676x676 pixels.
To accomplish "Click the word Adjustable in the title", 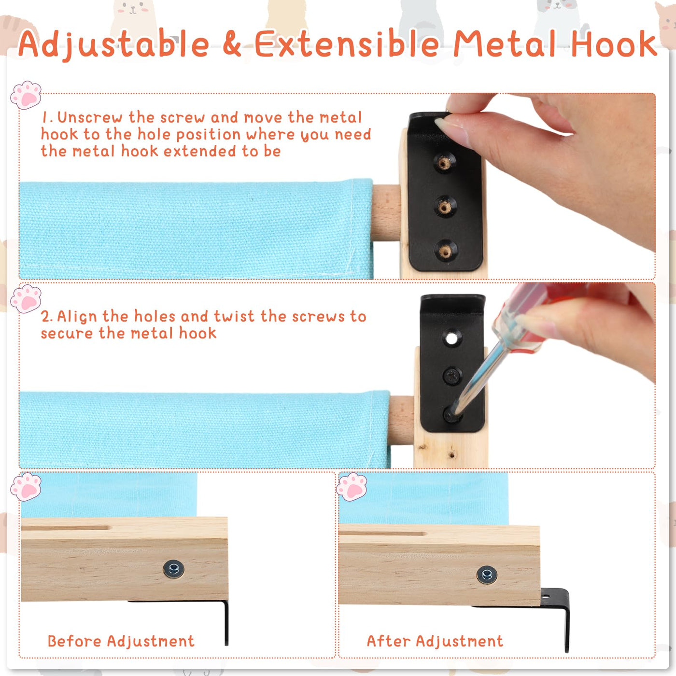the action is pos(114,44).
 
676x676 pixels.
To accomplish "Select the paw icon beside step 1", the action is pos(26,95).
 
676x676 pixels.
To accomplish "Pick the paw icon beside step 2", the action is pos(26,298).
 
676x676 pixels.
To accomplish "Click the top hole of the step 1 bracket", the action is pos(444,163).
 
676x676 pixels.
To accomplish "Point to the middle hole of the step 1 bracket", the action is pos(444,207).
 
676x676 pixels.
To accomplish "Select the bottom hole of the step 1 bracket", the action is pos(445,251).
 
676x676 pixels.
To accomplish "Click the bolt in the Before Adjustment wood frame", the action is pos(174,569).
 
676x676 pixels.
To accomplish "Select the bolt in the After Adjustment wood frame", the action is pos(487,575).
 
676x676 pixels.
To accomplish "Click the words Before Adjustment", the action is pos(121,642).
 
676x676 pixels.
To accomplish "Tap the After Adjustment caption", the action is pos(435,642).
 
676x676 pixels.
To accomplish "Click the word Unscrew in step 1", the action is pos(90,117).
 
